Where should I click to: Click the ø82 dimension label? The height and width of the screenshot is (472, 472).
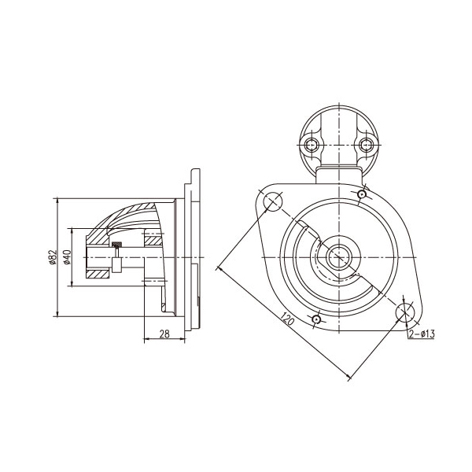coord(53,257)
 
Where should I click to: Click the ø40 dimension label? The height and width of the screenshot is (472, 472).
coord(67,257)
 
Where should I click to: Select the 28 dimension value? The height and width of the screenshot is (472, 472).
coord(164,334)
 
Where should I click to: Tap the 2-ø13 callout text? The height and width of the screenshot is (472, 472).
coord(422,334)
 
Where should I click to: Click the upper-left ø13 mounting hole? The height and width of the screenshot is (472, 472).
coord(273,201)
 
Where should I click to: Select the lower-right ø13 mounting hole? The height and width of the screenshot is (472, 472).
coord(405,312)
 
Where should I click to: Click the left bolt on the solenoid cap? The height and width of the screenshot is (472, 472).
coord(311,146)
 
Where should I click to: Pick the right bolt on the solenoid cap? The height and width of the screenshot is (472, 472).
coord(366,146)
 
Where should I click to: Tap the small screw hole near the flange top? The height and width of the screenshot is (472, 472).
coord(362,194)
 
